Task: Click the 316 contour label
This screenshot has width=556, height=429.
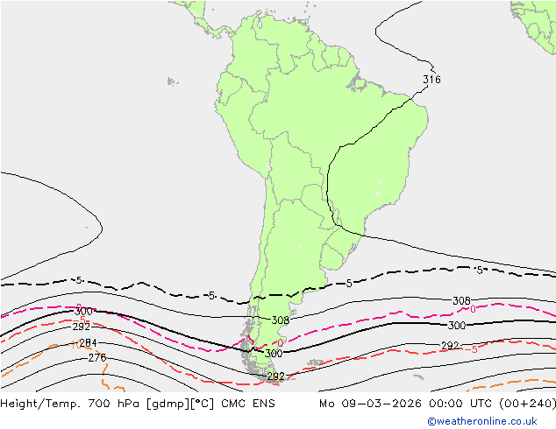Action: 431,80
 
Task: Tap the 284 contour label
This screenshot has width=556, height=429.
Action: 88,342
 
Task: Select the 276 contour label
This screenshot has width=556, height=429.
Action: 97,357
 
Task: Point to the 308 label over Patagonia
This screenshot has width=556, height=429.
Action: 281,320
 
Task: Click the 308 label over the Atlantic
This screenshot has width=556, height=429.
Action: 461,301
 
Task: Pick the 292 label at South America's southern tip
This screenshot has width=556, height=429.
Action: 275,376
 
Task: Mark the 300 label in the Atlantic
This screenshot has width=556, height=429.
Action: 457,326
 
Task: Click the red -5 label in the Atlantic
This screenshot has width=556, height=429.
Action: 474,349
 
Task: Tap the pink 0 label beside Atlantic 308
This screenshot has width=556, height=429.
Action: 474,309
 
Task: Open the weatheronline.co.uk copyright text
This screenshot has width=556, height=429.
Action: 488,421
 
